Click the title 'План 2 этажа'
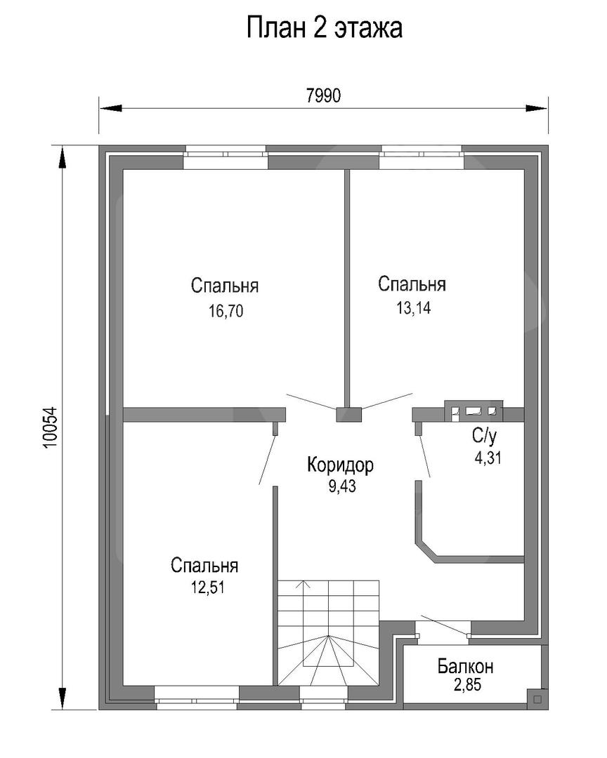coord(325,27)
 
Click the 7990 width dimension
coord(323,95)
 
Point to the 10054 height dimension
coord(51,428)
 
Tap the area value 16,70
coord(226,311)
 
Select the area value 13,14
coord(413,308)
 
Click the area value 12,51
coord(207,587)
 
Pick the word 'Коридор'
coord(340,465)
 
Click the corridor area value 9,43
coord(342,486)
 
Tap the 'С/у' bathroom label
coord(485,436)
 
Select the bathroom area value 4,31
coord(488,458)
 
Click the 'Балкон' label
coord(466,666)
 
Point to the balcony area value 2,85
coord(468,685)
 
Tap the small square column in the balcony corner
coord(537,698)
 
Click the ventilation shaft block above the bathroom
coord(474,411)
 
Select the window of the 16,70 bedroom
coord(226,157)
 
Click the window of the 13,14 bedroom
coord(421,157)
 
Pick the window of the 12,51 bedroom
coord(197,698)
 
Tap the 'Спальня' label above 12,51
coord(204,566)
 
